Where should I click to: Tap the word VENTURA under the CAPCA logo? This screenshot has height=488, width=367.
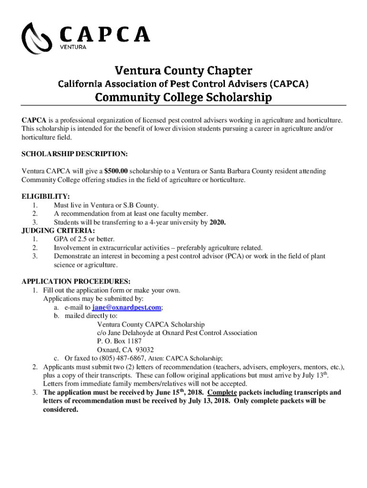[x=73, y=47]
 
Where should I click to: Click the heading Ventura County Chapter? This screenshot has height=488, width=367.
[x=183, y=71]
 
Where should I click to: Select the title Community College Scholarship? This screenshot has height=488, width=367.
[x=183, y=98]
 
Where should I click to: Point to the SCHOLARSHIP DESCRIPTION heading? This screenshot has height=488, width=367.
[x=74, y=154]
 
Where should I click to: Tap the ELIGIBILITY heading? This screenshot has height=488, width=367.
[x=46, y=196]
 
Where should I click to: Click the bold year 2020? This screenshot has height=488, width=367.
[x=217, y=223]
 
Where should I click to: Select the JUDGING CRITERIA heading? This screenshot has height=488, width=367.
[x=55, y=231]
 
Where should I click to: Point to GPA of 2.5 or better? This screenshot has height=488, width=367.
[x=84, y=239]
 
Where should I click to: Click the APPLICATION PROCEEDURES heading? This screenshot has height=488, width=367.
[x=76, y=281]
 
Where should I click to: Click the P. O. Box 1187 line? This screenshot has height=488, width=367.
[x=119, y=341]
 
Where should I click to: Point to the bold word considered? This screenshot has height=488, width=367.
[x=61, y=409]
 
